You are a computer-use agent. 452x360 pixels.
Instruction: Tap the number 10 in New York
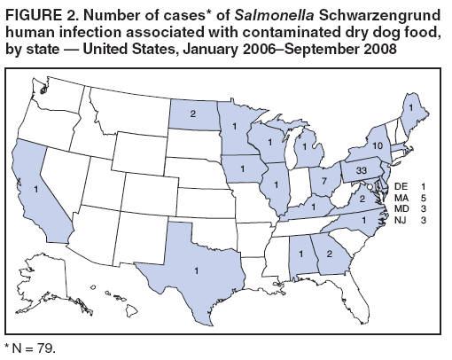378,145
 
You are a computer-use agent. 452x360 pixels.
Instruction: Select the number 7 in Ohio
326,180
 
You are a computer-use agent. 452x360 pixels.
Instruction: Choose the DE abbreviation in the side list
397,188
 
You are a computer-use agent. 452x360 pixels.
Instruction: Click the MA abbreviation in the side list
397,200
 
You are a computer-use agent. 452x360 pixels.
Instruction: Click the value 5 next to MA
425,200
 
